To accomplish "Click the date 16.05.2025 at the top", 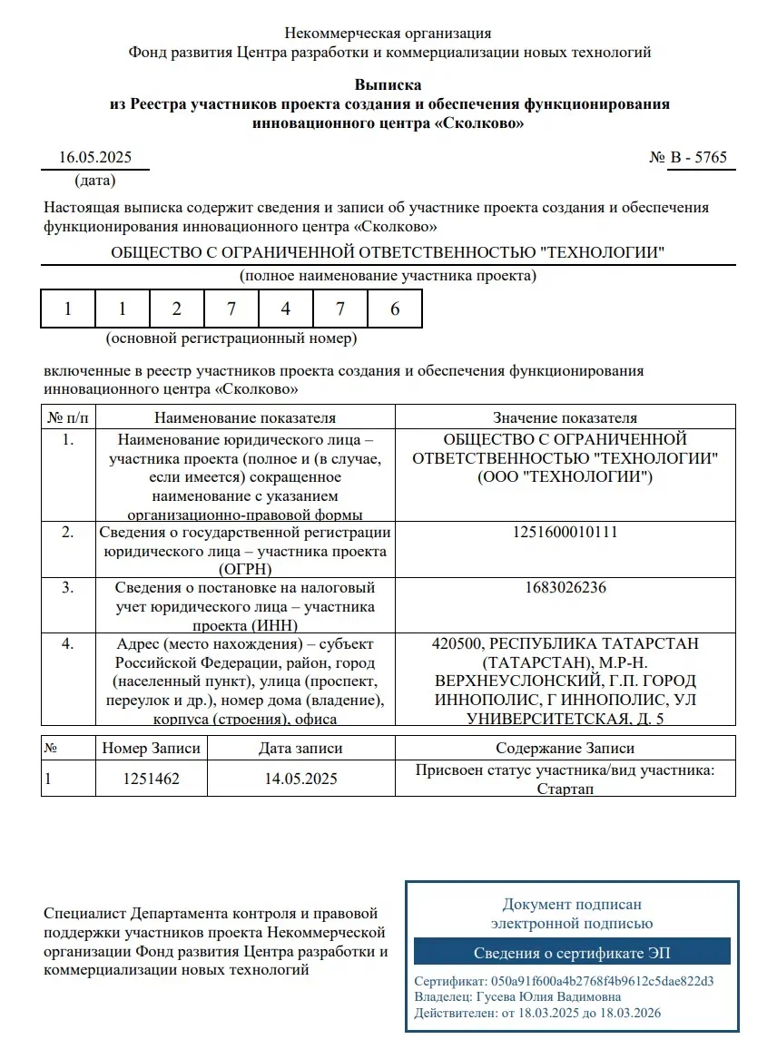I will (x=95, y=157).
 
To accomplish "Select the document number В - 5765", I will (x=698, y=157).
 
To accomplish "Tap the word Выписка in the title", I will (x=388, y=86).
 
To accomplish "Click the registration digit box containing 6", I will (x=395, y=309).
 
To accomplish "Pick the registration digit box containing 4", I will (x=286, y=309).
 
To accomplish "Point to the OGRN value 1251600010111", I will (x=565, y=532).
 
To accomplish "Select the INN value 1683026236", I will (x=565, y=587).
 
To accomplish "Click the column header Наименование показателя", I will (x=245, y=418).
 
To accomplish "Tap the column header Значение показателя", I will (x=565, y=418).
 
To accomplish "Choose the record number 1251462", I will (x=151, y=779).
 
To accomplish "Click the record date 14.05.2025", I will (x=300, y=779).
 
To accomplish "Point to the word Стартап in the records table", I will (x=565, y=789).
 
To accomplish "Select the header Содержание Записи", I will (x=565, y=749).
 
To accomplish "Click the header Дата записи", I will (x=300, y=749).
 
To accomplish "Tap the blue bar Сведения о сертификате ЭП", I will (x=572, y=953).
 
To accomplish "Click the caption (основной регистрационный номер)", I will (x=231, y=338).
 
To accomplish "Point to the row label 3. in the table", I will (x=68, y=587).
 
